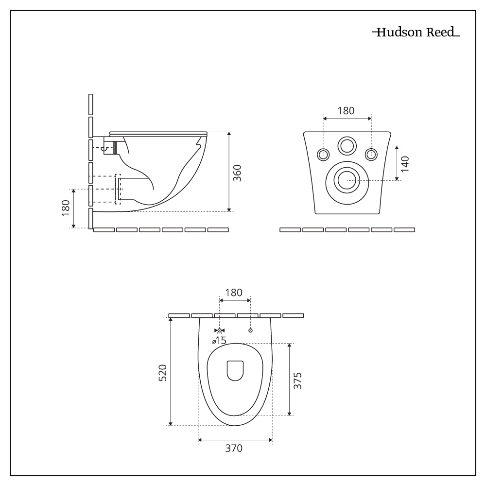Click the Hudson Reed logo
click(416, 33)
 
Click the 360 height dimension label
click(237, 173)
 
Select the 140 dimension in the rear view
click(405, 164)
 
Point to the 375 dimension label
click(298, 381)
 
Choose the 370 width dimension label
click(234, 448)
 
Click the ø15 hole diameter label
click(219, 341)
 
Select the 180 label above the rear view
click(346, 110)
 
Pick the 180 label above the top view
click(234, 293)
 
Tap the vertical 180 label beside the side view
click(66, 208)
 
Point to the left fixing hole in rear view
click(323, 155)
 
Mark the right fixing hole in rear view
click(371, 155)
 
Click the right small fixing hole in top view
click(250, 330)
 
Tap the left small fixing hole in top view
click(220, 330)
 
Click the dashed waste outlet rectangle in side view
click(118, 189)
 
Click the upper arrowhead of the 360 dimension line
click(229, 134)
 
